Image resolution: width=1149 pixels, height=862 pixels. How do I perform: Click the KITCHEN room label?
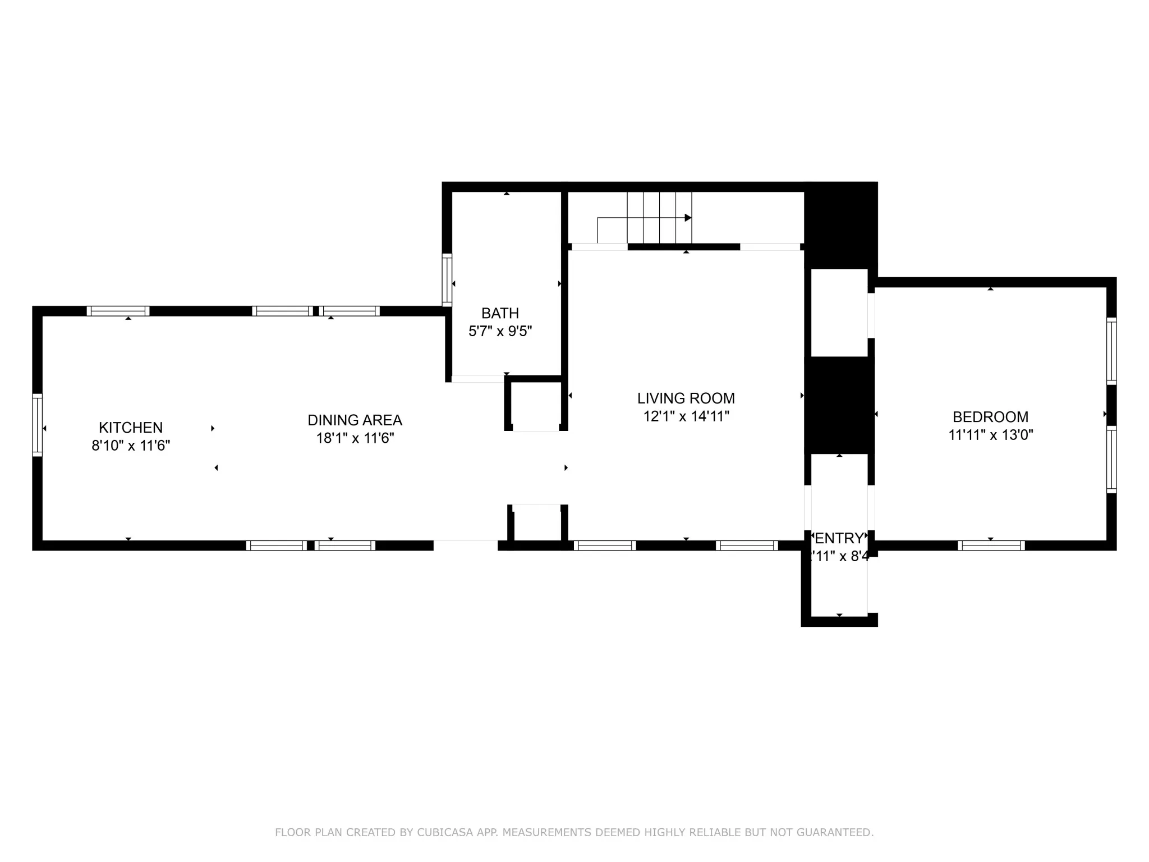click(131, 428)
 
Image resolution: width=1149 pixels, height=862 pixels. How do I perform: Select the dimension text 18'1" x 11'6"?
click(355, 438)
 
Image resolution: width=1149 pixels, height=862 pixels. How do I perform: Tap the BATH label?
click(500, 313)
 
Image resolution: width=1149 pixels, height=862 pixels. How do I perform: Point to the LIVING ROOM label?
click(686, 398)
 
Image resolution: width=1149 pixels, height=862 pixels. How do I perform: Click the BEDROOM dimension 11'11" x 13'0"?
click(990, 435)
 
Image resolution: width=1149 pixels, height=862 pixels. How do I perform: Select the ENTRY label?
click(839, 539)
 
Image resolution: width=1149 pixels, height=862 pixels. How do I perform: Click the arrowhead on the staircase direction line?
click(688, 218)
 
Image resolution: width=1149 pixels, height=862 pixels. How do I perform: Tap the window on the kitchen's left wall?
click(37, 424)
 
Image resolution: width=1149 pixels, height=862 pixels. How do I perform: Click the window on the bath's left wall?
click(447, 280)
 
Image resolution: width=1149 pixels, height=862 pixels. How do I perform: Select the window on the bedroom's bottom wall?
click(991, 545)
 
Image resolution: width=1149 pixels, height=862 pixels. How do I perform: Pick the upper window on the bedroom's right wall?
click(1111, 351)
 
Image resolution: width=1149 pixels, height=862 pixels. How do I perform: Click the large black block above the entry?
click(839, 405)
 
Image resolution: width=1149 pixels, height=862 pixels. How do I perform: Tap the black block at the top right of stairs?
click(840, 224)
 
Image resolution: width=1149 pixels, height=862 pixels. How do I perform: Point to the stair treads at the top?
click(659, 218)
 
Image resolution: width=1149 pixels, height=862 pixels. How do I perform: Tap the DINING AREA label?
click(355, 420)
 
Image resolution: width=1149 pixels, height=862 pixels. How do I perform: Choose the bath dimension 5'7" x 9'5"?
click(500, 331)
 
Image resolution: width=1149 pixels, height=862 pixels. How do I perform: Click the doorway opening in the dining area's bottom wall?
click(465, 545)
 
